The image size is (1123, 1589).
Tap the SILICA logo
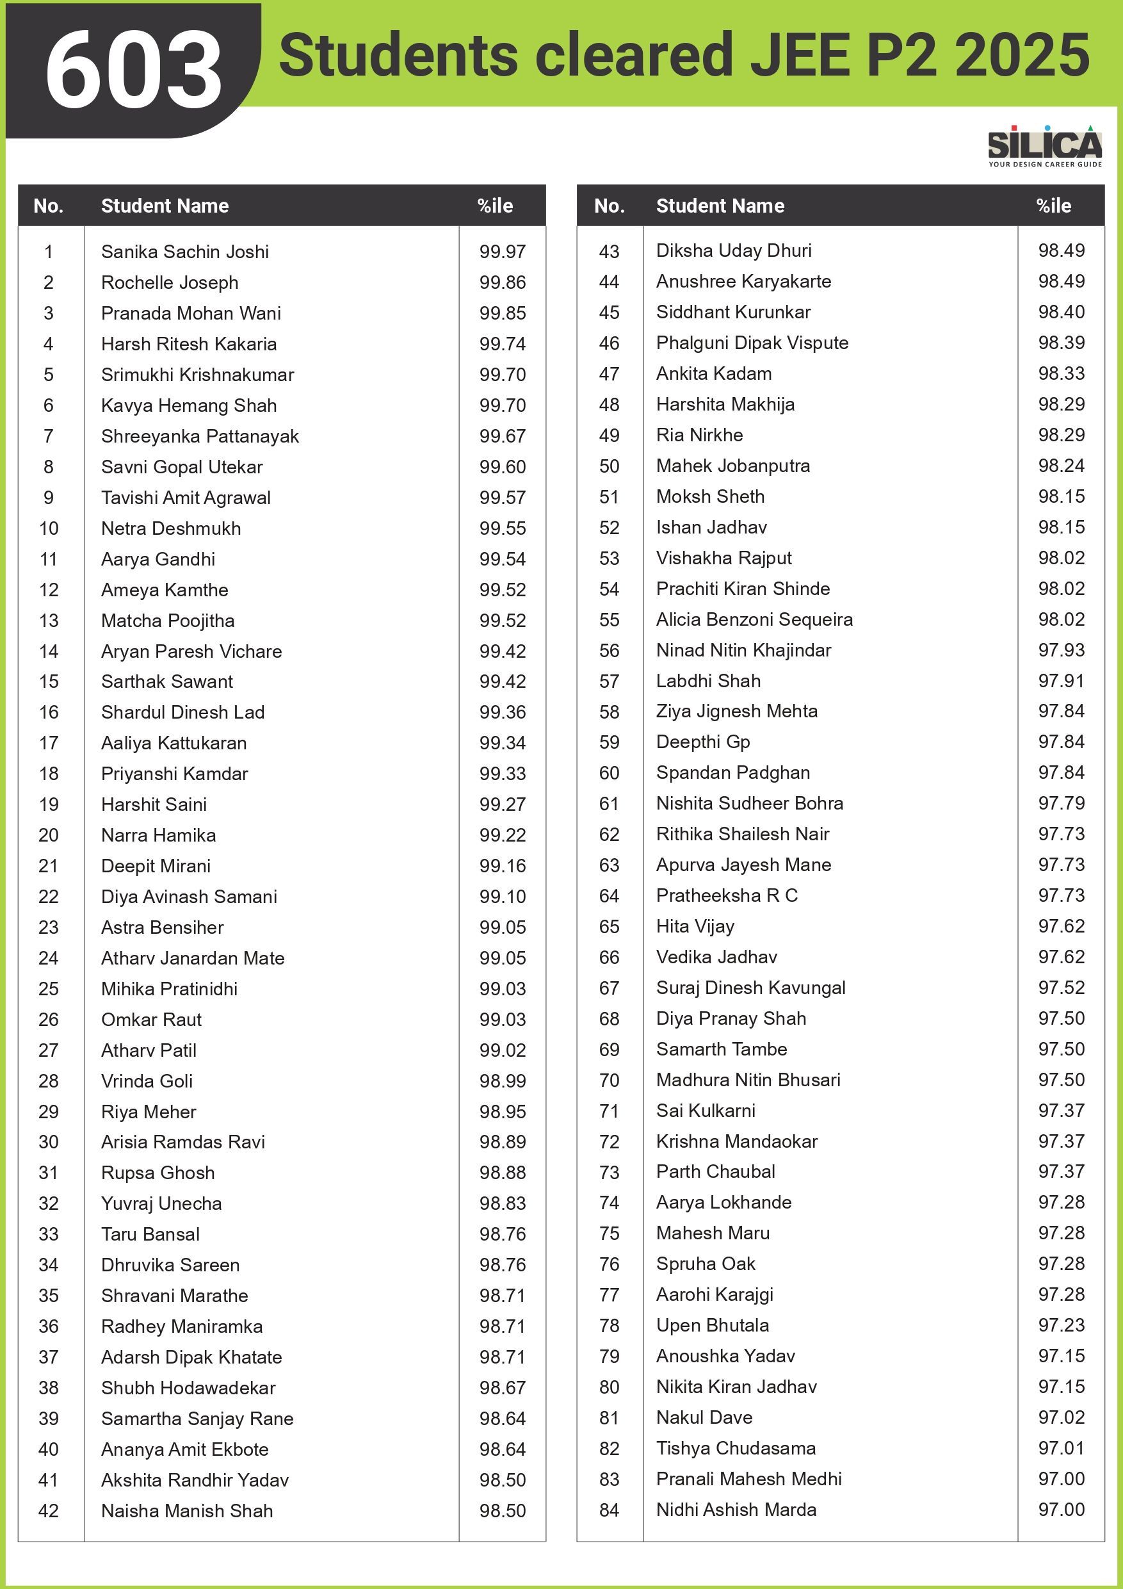tap(1044, 146)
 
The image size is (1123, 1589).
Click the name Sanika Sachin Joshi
tap(185, 251)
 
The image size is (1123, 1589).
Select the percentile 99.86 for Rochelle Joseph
tap(503, 282)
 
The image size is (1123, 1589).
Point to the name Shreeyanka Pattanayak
tap(199, 436)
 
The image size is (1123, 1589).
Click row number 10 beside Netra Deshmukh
tap(49, 528)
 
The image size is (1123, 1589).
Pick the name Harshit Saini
tap(154, 804)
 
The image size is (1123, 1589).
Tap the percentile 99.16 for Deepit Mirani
tap(503, 866)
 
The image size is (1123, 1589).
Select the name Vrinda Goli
tap(147, 1081)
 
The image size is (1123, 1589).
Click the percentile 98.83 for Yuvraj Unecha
tap(503, 1203)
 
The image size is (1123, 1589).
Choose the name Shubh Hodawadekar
tap(188, 1388)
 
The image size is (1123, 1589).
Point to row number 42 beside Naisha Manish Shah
tap(49, 1511)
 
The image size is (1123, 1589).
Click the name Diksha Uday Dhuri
tap(734, 250)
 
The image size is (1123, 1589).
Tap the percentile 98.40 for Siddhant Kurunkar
tap(1061, 312)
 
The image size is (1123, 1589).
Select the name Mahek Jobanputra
tap(732, 466)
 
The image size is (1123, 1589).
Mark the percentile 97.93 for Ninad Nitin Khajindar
tap(1061, 650)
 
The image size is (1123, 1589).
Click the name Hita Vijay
tap(695, 926)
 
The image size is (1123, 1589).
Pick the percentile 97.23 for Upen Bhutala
tap(1061, 1325)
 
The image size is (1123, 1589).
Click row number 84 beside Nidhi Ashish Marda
tap(609, 1510)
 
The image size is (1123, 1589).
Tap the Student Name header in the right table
tap(720, 206)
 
